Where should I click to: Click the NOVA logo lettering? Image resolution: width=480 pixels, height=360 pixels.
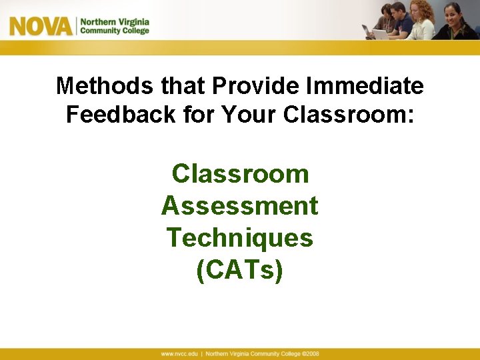click(x=41, y=27)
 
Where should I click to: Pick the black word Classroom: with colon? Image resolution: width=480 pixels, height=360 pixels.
click(x=348, y=115)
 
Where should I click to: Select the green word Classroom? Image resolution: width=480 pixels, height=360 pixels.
click(x=240, y=175)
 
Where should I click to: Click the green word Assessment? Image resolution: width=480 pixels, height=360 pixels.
click(x=240, y=207)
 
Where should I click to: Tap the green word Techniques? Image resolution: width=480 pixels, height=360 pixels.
click(x=240, y=238)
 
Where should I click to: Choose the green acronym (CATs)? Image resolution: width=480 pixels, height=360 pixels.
click(x=240, y=270)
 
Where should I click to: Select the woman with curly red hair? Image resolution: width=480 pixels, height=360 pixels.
click(x=422, y=20)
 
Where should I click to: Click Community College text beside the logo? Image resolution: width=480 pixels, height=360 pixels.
click(x=115, y=31)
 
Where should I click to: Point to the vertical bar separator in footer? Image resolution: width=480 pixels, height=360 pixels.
click(x=201, y=353)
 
